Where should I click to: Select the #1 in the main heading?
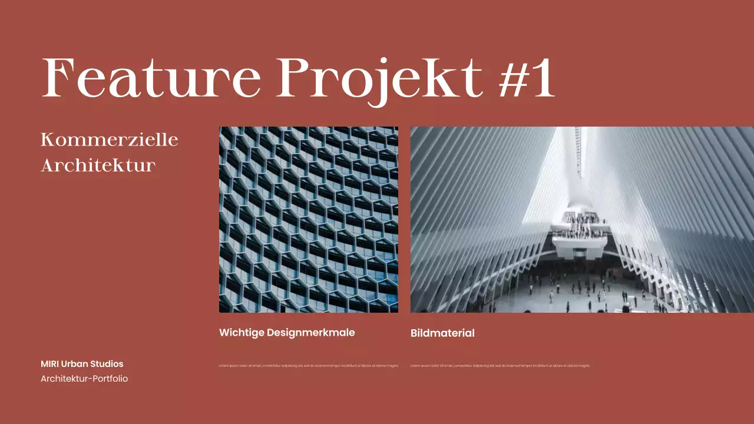click(527, 78)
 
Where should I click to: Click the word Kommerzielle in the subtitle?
click(110, 140)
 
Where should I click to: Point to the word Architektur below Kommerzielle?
click(98, 165)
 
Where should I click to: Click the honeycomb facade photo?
click(308, 219)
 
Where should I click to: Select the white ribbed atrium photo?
click(582, 219)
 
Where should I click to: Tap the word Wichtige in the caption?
click(242, 333)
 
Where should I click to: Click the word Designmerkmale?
click(311, 333)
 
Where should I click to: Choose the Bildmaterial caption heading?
click(442, 333)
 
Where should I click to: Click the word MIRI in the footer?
click(49, 364)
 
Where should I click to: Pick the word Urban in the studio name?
click(74, 364)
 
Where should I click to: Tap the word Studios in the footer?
click(107, 364)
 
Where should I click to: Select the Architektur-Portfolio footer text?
click(84, 379)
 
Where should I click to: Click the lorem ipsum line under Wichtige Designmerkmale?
click(308, 366)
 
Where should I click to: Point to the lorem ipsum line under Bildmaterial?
click(500, 366)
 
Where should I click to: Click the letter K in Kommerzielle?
click(48, 140)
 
